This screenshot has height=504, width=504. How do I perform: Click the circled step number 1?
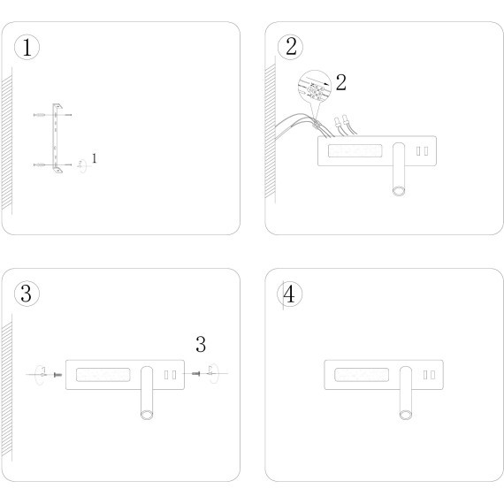(x=27, y=47)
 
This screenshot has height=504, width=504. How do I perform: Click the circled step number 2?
(x=290, y=47)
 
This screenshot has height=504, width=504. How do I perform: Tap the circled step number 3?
(x=27, y=294)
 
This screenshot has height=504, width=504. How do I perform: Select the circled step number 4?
(x=290, y=294)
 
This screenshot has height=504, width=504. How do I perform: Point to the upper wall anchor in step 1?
(x=40, y=115)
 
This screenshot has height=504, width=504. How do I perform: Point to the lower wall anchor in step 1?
(x=40, y=164)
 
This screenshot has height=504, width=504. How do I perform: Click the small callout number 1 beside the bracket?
(x=95, y=158)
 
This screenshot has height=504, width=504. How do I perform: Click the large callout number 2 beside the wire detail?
(x=341, y=82)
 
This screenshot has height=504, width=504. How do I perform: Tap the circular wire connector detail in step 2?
(x=315, y=87)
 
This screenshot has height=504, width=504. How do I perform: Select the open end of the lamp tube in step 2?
(x=399, y=191)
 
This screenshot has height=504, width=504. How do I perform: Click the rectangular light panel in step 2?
(x=355, y=150)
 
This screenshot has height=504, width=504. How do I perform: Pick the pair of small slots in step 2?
(x=422, y=151)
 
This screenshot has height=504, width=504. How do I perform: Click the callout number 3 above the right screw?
(x=201, y=344)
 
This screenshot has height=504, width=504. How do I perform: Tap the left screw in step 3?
(x=57, y=375)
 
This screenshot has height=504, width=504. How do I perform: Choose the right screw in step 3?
(x=195, y=373)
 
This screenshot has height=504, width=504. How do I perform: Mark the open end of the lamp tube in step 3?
(x=147, y=415)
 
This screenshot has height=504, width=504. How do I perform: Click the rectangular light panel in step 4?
(x=362, y=375)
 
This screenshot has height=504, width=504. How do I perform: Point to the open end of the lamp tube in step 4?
(x=406, y=415)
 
